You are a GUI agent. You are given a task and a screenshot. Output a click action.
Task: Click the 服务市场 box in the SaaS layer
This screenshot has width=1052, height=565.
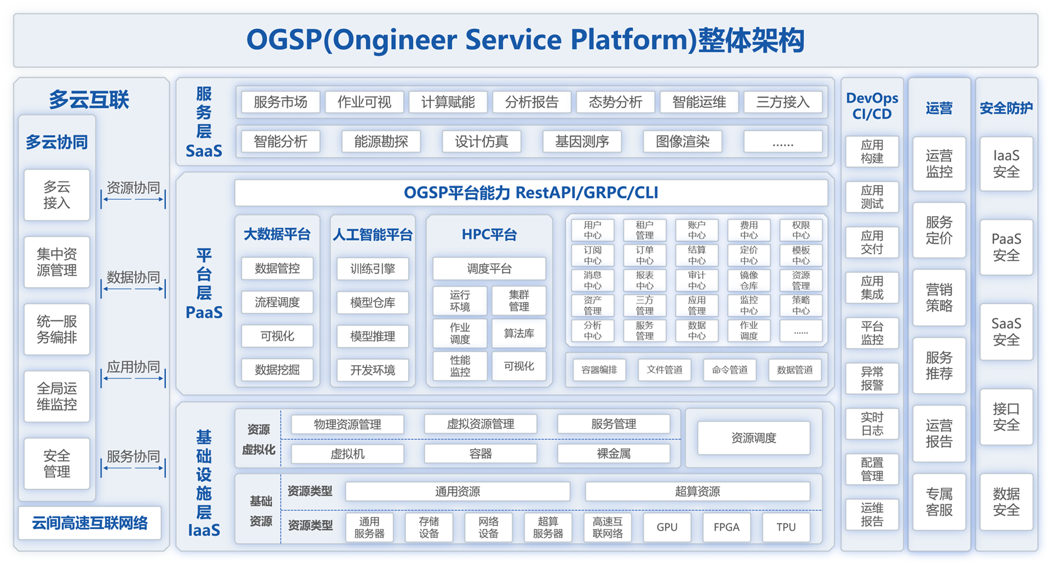point(280,102)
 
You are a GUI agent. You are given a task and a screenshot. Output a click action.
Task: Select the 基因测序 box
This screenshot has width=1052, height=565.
point(582,142)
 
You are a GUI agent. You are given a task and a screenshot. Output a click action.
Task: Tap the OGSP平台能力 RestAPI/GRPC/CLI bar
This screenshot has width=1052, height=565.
point(531,193)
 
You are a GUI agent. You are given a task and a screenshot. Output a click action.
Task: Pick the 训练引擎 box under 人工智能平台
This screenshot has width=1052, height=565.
point(373,269)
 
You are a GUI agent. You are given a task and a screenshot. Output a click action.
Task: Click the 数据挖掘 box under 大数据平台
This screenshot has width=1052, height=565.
point(277,370)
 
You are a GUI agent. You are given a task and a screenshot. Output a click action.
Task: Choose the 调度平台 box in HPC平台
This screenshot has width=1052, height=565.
point(489,269)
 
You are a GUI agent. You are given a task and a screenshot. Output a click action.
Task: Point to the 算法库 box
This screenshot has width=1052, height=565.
point(519,333)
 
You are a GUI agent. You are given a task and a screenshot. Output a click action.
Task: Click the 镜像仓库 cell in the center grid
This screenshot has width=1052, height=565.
point(749,281)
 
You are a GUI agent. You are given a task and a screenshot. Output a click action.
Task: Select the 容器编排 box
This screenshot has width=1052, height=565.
point(599,370)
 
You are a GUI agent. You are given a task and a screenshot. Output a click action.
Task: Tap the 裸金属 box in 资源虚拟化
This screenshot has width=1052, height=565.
point(613,454)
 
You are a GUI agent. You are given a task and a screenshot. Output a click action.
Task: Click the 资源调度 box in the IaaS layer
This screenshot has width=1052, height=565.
point(754,438)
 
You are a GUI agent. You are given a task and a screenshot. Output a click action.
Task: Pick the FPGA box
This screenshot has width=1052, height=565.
point(726,527)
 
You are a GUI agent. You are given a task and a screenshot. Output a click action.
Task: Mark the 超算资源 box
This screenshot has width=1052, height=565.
point(698,491)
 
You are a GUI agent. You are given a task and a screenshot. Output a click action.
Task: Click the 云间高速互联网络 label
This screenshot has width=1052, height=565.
point(90,523)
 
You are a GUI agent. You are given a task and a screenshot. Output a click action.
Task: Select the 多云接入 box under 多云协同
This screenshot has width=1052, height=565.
point(57,195)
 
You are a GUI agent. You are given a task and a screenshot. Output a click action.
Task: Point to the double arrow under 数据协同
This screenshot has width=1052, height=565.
point(133,289)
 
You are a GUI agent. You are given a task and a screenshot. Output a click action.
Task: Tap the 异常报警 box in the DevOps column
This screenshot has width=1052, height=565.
point(872,379)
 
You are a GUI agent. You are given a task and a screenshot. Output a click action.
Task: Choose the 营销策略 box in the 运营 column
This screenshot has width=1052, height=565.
point(939,298)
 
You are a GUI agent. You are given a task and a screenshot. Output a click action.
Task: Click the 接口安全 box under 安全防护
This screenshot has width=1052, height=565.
point(1006,417)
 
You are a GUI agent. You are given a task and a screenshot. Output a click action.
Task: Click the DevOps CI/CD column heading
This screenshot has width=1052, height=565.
point(872,106)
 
